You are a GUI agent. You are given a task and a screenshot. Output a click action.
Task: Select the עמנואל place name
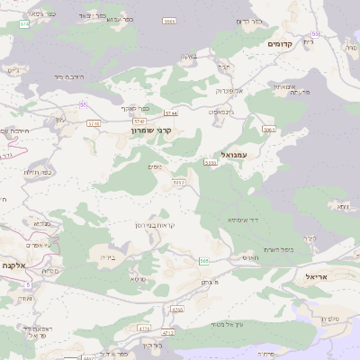click(x=245, y=155)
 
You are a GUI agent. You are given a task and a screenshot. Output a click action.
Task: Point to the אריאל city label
click(x=321, y=276)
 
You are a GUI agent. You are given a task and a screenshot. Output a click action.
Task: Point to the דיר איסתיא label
click(x=245, y=219)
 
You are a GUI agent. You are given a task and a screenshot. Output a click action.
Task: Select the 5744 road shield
click(x=171, y=113)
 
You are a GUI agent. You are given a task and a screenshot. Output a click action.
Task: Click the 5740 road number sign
click(x=139, y=120)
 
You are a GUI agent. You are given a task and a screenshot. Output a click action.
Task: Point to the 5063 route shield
click(x=268, y=130)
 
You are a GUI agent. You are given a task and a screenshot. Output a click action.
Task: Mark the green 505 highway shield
click(x=204, y=261)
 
